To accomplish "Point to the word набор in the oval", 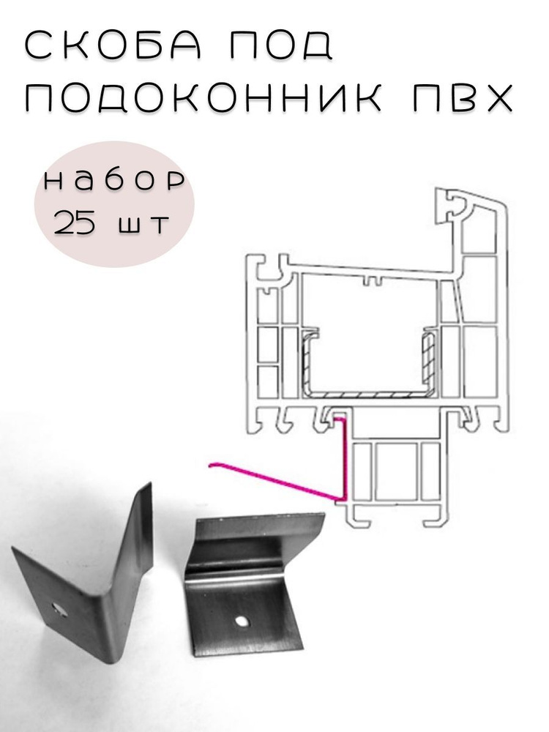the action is coord(114,181).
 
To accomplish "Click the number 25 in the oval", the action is coord(75,223).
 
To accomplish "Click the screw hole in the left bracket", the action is coord(60,608).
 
